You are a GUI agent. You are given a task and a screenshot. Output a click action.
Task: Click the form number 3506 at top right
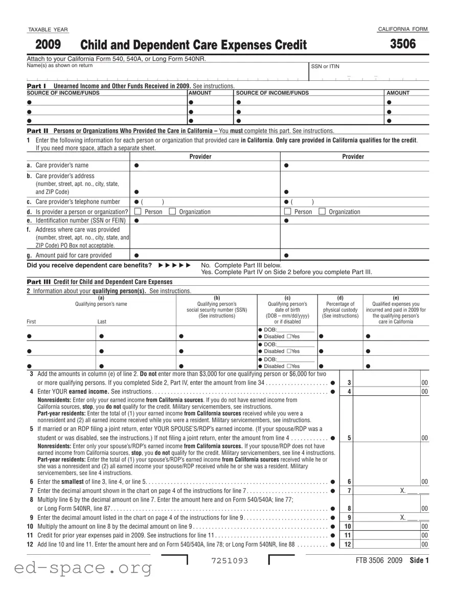(403, 44)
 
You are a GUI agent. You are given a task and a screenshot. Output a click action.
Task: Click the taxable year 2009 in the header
(47, 46)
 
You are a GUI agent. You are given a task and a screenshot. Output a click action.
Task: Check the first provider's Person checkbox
(137, 212)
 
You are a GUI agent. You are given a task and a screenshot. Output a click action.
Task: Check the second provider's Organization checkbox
(322, 212)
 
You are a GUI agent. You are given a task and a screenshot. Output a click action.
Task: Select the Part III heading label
(38, 282)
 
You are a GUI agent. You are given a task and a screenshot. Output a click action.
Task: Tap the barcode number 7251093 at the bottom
(229, 561)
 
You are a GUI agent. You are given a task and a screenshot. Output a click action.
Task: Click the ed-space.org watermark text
(77, 568)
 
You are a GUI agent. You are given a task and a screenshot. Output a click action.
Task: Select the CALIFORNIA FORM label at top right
(403, 30)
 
